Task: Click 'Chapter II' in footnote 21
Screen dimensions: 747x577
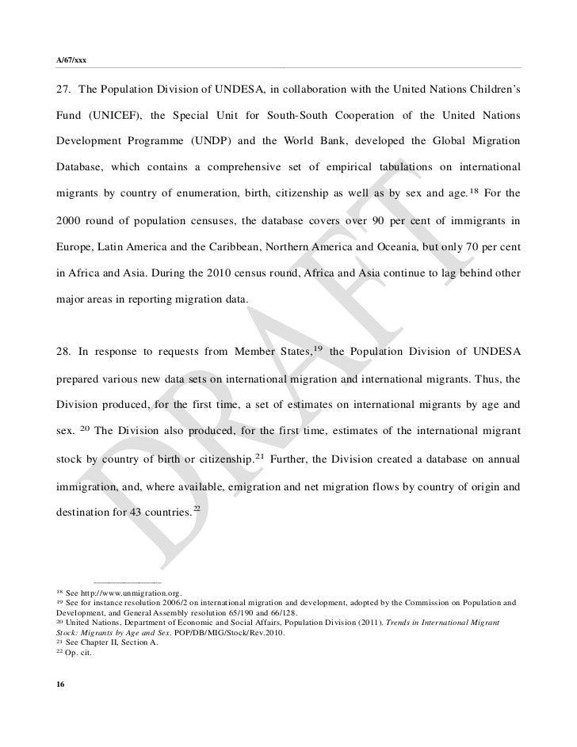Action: coord(98,643)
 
